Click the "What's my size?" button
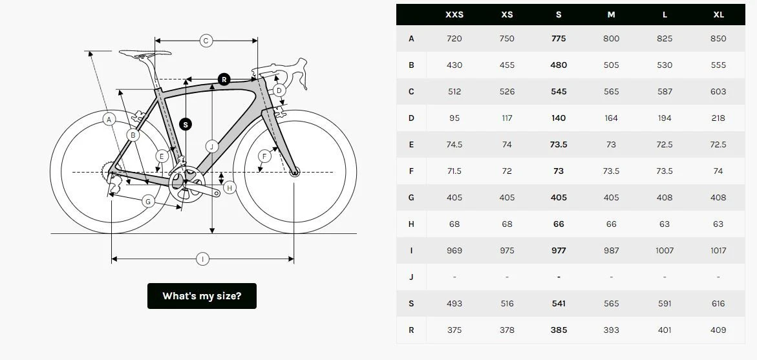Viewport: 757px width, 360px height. click(x=202, y=296)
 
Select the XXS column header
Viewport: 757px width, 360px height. click(x=454, y=14)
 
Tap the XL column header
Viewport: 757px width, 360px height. click(x=718, y=14)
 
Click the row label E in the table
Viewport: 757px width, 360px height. click(x=411, y=145)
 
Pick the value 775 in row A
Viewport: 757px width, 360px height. click(x=559, y=39)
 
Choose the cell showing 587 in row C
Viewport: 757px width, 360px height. click(x=665, y=92)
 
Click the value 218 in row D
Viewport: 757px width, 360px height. click(x=718, y=118)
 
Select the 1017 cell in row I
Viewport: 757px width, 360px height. click(x=718, y=251)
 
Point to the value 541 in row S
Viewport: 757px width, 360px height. click(x=559, y=304)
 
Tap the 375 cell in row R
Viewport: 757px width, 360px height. click(x=454, y=330)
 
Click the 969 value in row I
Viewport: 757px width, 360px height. click(x=454, y=251)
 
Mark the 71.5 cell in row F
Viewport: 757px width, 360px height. click(x=454, y=171)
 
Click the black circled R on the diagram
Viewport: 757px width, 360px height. click(x=224, y=79)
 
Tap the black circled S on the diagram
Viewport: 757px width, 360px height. click(x=186, y=124)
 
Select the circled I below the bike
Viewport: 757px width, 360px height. click(x=202, y=259)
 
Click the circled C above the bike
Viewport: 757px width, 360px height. click(x=206, y=41)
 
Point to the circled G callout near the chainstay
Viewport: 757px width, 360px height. click(x=148, y=202)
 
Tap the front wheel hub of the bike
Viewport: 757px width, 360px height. click(x=295, y=173)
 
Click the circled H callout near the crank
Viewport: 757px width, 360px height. click(x=229, y=187)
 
